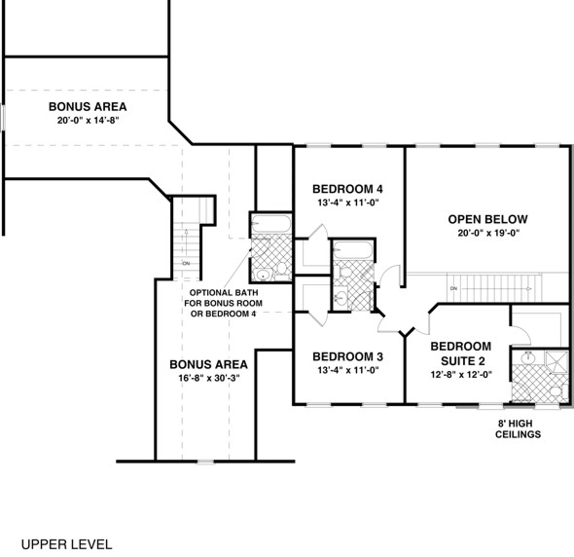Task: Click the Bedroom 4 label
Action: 347,188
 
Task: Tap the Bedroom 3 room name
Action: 347,355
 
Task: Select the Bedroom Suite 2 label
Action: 461,353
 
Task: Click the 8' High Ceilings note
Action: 516,428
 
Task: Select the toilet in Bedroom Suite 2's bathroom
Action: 555,391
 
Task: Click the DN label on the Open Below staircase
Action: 453,288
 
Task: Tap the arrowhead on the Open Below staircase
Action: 528,288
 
